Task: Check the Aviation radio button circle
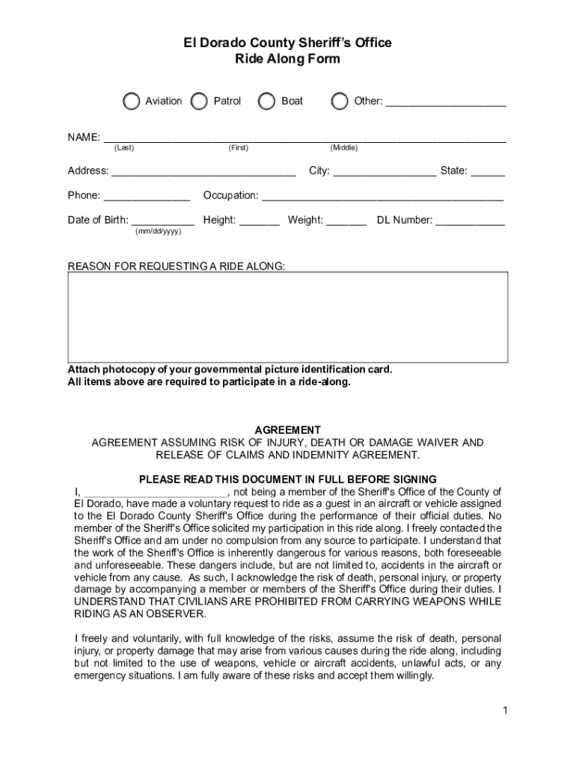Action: [132, 101]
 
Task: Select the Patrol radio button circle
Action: [200, 101]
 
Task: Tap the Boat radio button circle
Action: [266, 101]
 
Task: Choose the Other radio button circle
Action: [340, 101]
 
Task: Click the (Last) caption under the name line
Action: [124, 148]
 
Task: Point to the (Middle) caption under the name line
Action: [344, 148]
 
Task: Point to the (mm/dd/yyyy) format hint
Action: [158, 232]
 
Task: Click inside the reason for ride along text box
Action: [288, 317]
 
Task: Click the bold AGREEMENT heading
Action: [288, 430]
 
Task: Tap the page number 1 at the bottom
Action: [506, 710]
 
